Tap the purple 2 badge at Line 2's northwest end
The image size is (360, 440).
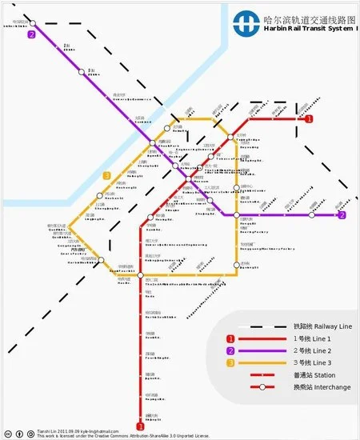pos(31,34)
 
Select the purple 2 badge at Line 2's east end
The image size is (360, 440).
pos(342,215)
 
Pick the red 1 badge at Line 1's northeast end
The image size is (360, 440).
pos(309,118)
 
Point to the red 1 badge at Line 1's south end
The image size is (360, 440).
pos(140,427)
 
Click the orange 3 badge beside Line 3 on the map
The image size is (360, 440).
pos(106,175)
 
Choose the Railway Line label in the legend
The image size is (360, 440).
pos(314,326)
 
